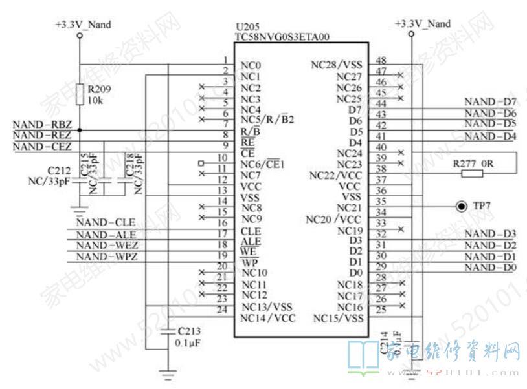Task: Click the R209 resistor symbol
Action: click(80, 95)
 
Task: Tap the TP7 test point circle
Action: click(460, 206)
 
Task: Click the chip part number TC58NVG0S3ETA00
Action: click(282, 37)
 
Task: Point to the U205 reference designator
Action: click(246, 28)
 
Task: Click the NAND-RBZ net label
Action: click(42, 125)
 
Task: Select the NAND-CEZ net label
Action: click(42, 147)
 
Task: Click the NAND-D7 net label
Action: click(490, 102)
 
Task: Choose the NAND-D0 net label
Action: click(490, 268)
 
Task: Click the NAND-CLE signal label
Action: click(106, 222)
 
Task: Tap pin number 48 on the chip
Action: click(381, 59)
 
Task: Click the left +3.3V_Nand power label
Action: click(83, 25)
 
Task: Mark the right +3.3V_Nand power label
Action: click(422, 23)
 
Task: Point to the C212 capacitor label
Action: click(58, 170)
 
